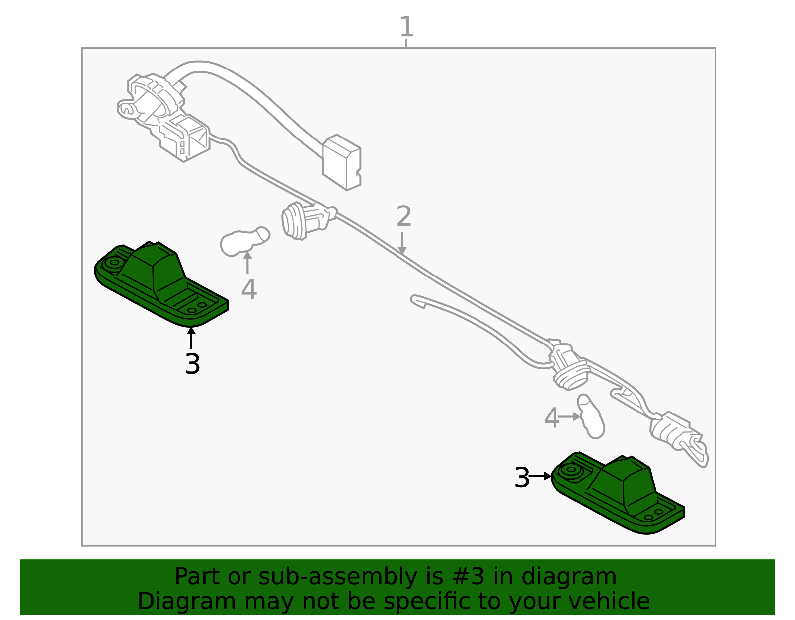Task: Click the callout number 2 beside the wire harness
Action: (x=404, y=216)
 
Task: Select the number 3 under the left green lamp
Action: (x=192, y=364)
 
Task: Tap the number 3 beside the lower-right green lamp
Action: (x=522, y=478)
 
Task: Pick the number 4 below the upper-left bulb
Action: (x=248, y=289)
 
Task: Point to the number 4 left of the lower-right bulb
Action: (x=552, y=418)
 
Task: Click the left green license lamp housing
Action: (x=159, y=285)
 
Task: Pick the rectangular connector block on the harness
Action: (x=341, y=161)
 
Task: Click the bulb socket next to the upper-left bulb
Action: (x=304, y=220)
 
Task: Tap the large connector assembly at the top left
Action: (x=164, y=117)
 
